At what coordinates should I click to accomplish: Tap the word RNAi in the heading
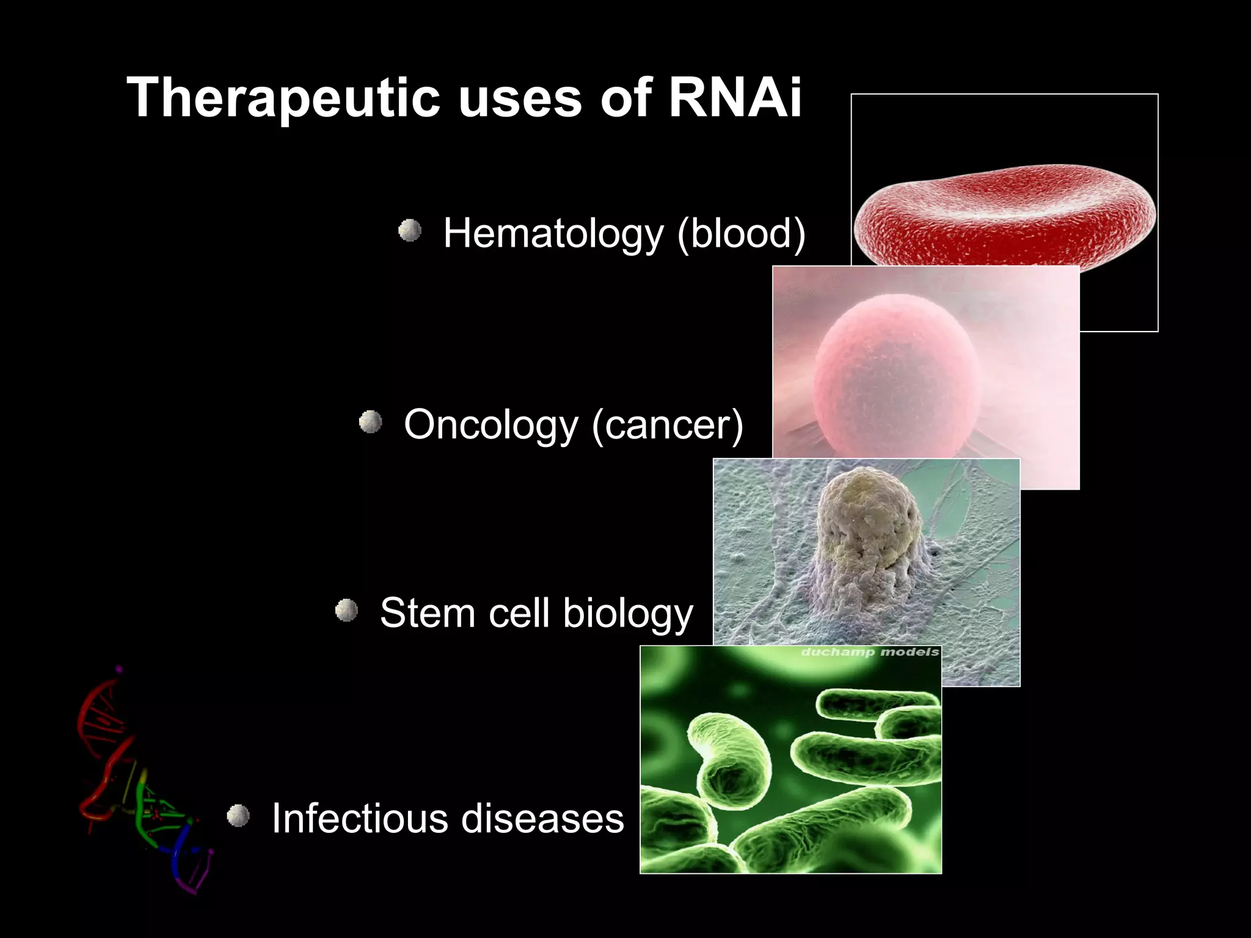[735, 98]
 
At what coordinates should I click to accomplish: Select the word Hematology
[553, 233]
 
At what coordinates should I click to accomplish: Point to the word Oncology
[491, 424]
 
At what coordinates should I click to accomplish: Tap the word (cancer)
[667, 424]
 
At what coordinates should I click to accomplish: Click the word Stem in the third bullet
[427, 613]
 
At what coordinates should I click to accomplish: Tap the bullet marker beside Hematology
[410, 231]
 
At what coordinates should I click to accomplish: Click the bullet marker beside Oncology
[370, 421]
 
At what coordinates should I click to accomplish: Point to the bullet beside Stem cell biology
[346, 610]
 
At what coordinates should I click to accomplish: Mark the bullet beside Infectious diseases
[238, 815]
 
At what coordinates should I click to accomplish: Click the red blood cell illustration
[1005, 214]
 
